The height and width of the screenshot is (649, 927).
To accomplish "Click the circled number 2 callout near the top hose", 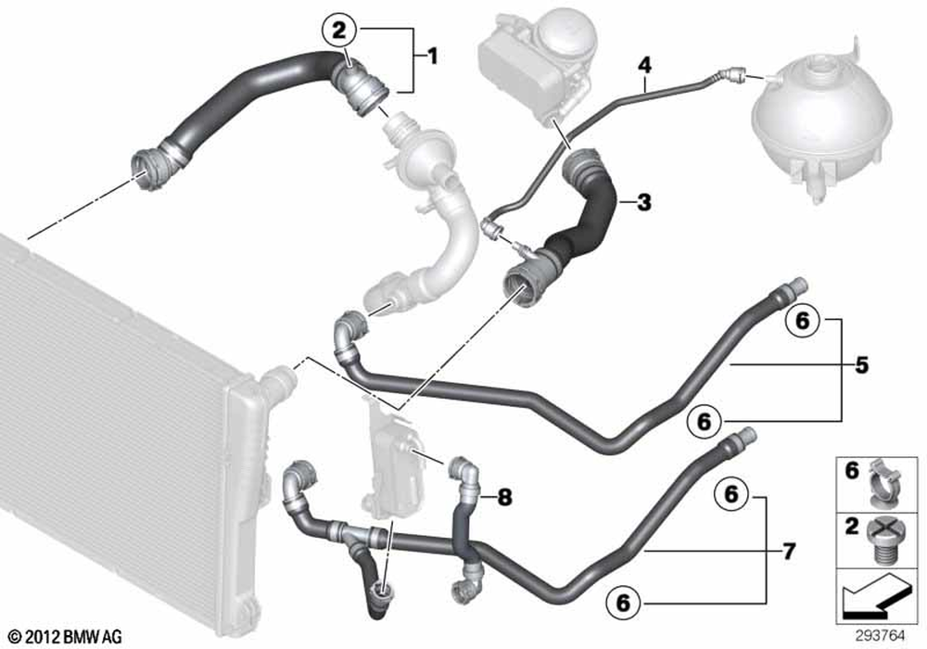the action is click(339, 31).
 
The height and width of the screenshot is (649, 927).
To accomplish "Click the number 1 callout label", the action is click(432, 57).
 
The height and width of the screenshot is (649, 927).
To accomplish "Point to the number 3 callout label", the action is click(644, 202).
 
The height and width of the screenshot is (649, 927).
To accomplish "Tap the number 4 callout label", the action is click(644, 64).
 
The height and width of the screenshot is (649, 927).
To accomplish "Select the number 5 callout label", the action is click(862, 365).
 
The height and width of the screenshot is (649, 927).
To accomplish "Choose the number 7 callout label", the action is click(789, 552).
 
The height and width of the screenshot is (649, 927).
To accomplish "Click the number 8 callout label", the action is click(504, 498).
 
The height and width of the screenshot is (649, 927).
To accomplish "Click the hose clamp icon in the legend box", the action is click(885, 484).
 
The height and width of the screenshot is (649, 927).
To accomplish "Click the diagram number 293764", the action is click(881, 636).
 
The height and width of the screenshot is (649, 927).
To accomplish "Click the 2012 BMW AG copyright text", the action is click(66, 637).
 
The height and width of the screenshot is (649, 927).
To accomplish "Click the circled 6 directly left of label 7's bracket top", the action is click(731, 493).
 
